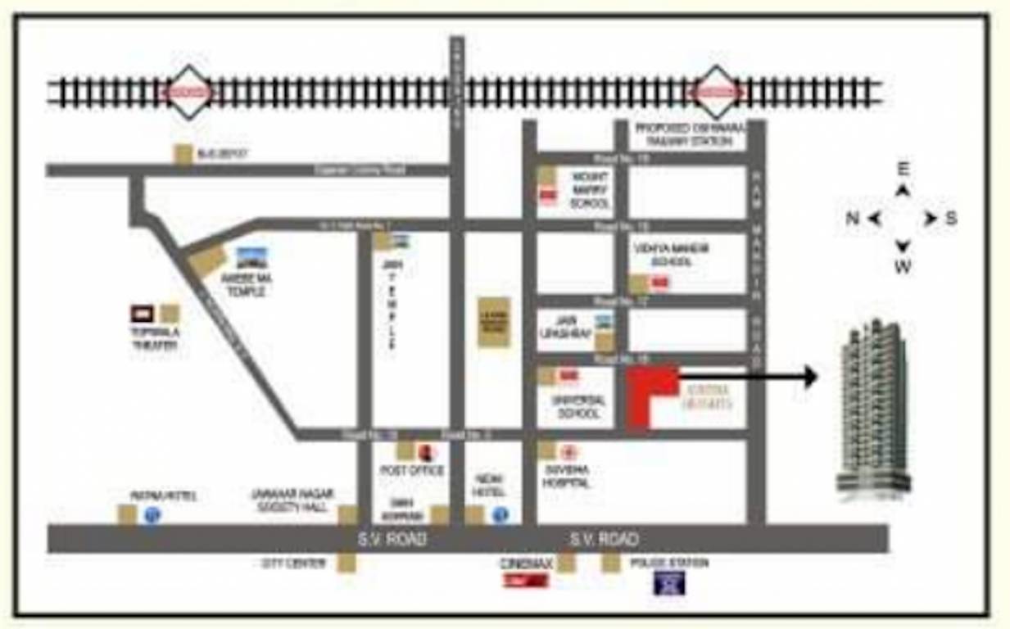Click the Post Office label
[x=412, y=471]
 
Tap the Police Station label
[x=668, y=563]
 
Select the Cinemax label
[x=527, y=564]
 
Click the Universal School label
[x=578, y=407]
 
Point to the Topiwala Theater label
[x=155, y=339]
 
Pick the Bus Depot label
[x=222, y=154]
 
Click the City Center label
[x=294, y=563]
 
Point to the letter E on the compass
[x=903, y=170]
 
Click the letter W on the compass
[x=903, y=267]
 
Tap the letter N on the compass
[x=853, y=219]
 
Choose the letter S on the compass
[x=951, y=219]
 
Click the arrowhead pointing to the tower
[x=810, y=377]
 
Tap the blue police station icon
[x=670, y=583]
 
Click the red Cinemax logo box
[x=525, y=581]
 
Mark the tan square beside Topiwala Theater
[x=170, y=314]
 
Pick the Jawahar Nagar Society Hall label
[x=292, y=501]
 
